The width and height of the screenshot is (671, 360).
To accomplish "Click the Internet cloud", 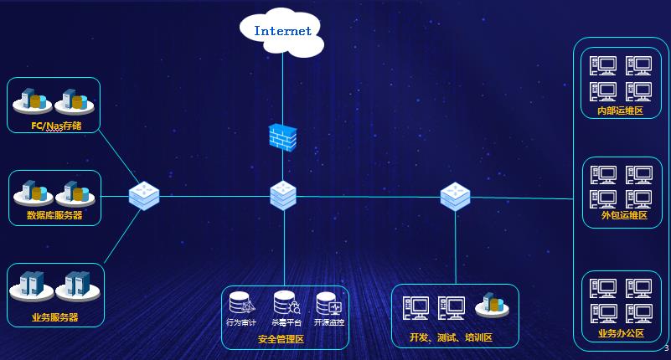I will pyautogui.click(x=282, y=32).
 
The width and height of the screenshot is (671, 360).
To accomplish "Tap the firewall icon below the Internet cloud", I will pyautogui.click(x=282, y=136).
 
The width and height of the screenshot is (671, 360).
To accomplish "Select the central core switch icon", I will pyautogui.click(x=283, y=196).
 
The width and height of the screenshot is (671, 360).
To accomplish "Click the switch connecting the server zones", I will pyautogui.click(x=144, y=196).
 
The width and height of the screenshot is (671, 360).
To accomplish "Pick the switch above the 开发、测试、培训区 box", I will pyautogui.click(x=455, y=196).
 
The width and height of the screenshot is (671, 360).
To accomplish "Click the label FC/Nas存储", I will pyautogui.click(x=55, y=126).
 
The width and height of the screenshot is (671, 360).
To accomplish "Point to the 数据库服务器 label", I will pyautogui.click(x=54, y=215).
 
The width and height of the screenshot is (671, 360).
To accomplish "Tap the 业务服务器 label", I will pyautogui.click(x=54, y=317).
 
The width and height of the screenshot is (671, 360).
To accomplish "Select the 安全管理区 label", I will pyautogui.click(x=281, y=339).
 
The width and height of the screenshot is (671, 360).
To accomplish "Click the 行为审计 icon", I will pyautogui.click(x=241, y=303).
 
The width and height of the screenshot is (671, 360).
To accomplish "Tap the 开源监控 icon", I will pyautogui.click(x=328, y=303).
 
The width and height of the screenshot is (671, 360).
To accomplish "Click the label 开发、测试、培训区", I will pyautogui.click(x=451, y=337).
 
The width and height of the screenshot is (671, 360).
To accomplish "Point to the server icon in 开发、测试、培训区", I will pyautogui.click(x=493, y=306).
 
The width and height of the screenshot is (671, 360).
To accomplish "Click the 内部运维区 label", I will pyautogui.click(x=620, y=111).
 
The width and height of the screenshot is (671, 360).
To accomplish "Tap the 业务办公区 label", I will pyautogui.click(x=621, y=333).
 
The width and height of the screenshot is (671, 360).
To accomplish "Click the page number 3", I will pyautogui.click(x=666, y=348).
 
